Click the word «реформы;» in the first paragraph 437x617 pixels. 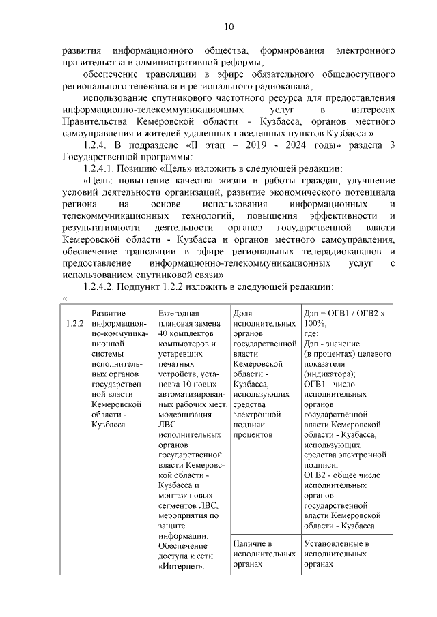(244, 62)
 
